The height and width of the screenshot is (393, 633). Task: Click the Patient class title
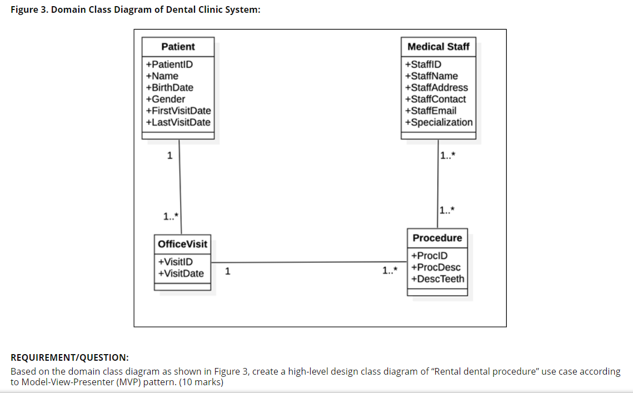pyautogui.click(x=178, y=47)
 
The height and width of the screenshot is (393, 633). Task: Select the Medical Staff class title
pyautogui.click(x=438, y=47)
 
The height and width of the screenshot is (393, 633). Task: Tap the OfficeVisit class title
pyautogui.click(x=182, y=244)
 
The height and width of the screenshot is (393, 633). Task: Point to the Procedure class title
pyautogui.click(x=437, y=238)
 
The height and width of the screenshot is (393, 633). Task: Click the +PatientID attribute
pyautogui.click(x=170, y=64)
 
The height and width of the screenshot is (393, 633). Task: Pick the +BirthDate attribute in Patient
pyautogui.click(x=170, y=88)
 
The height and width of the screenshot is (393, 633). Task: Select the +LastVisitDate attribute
pyautogui.click(x=178, y=122)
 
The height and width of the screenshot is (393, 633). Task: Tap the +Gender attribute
pyautogui.click(x=166, y=100)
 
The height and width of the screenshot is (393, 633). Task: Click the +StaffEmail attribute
pyautogui.click(x=431, y=111)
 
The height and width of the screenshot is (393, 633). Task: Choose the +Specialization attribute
pyautogui.click(x=439, y=122)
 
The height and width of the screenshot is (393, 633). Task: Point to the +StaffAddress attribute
pyautogui.click(x=437, y=88)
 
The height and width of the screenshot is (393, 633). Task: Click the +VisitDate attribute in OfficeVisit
pyautogui.click(x=181, y=273)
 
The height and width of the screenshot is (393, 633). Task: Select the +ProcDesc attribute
pyautogui.click(x=436, y=267)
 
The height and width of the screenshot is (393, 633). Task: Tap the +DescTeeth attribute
pyautogui.click(x=437, y=279)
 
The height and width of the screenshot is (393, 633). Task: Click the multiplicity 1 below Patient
pyautogui.click(x=170, y=156)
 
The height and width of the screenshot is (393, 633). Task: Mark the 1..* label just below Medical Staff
pyautogui.click(x=448, y=156)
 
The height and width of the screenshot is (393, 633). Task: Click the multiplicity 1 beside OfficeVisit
pyautogui.click(x=228, y=271)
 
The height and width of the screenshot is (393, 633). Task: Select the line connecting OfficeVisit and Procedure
pyautogui.click(x=309, y=262)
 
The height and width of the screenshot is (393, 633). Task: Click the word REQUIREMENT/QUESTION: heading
pyautogui.click(x=70, y=357)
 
